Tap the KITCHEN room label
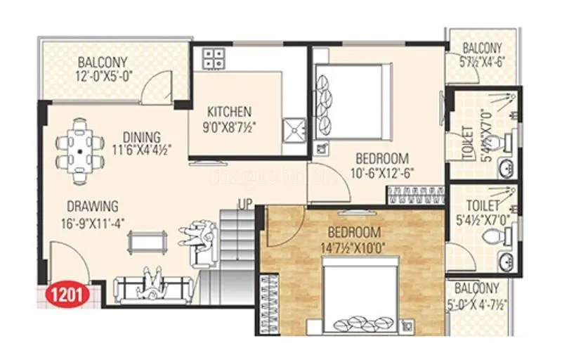pyautogui.click(x=229, y=112)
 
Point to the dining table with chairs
pyautogui.click(x=81, y=148)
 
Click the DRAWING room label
pyautogui.click(x=93, y=206)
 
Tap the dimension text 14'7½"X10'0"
pyautogui.click(x=355, y=246)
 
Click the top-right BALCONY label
pyautogui.click(x=482, y=49)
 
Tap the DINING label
pyautogui.click(x=141, y=136)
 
